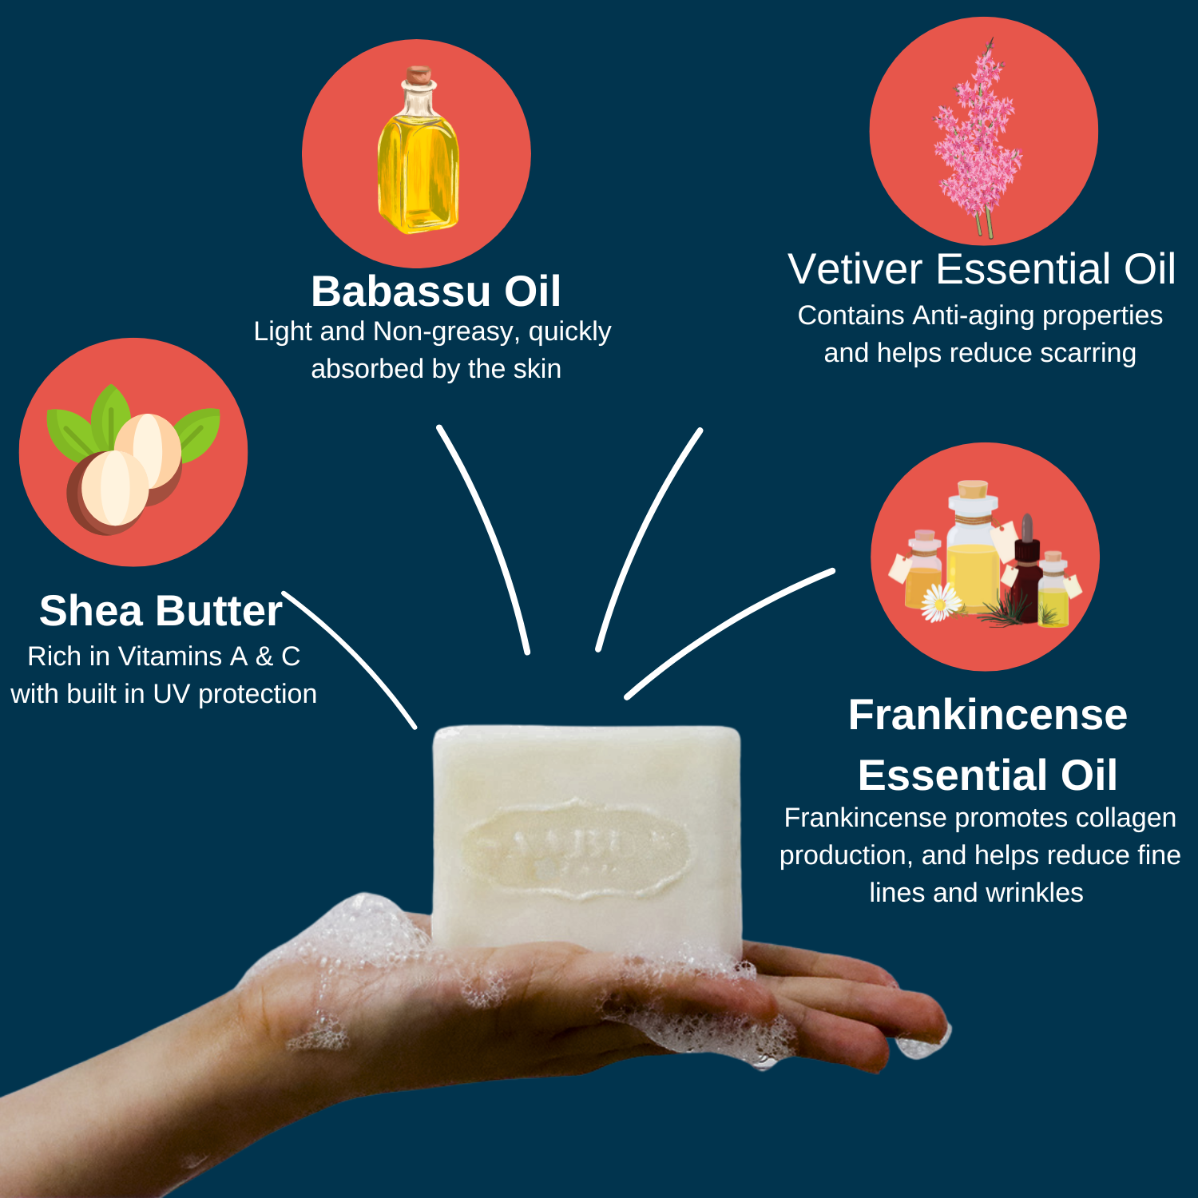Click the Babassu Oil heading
(x=435, y=292)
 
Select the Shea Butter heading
(x=161, y=611)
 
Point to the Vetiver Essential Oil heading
(x=981, y=269)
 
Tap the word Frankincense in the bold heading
(x=987, y=715)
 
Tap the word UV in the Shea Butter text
(x=171, y=694)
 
